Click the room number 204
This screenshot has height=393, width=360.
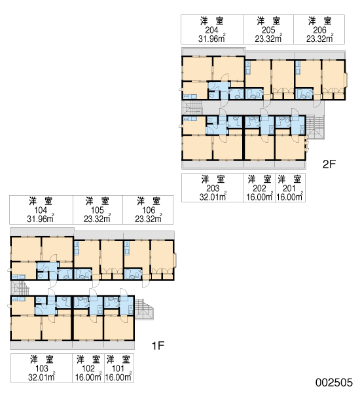pyautogui.click(x=211, y=30)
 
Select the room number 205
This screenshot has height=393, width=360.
pyautogui.click(x=268, y=30)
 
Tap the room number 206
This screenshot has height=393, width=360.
pyautogui.click(x=319, y=30)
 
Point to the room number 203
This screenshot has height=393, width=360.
pyautogui.click(x=213, y=188)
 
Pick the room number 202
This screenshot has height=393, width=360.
pyautogui.click(x=259, y=188)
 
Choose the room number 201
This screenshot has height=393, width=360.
pyautogui.click(x=289, y=188)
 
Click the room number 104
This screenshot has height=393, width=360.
pyautogui.click(x=41, y=210)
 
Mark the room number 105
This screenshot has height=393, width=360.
pyautogui.click(x=98, y=210)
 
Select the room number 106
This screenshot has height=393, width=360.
pyautogui.click(x=149, y=210)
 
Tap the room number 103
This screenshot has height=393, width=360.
pyautogui.click(x=42, y=368)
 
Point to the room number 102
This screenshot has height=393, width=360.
pyautogui.click(x=88, y=368)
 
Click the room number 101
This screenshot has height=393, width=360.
pyautogui.click(x=118, y=368)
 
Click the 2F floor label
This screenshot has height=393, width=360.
pyautogui.click(x=329, y=164)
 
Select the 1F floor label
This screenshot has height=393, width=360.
pyautogui.click(x=158, y=346)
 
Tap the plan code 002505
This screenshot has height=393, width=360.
pyautogui.click(x=334, y=383)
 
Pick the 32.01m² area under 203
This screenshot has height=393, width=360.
pyautogui.click(x=213, y=196)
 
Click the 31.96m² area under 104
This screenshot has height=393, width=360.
pyautogui.click(x=41, y=218)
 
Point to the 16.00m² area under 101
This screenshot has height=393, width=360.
pyautogui.click(x=118, y=377)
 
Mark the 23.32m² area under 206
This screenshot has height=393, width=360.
pyautogui.click(x=319, y=38)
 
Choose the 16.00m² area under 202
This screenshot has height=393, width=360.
pyautogui.click(x=259, y=196)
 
